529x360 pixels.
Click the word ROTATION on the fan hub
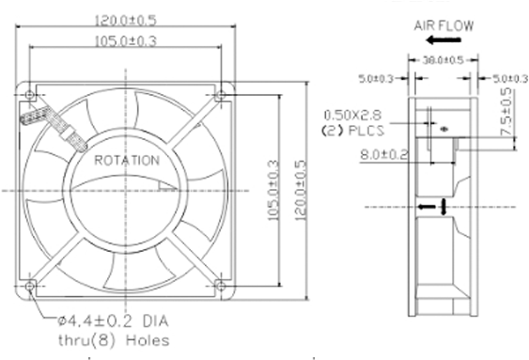point(127,161)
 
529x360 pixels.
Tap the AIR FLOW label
point(443,26)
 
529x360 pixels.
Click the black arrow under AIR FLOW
point(443,40)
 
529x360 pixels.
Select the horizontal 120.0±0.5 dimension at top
point(126,21)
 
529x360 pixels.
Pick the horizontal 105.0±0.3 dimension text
point(126,41)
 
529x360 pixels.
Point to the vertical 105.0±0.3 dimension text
point(273,190)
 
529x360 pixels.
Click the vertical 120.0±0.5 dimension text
point(301,190)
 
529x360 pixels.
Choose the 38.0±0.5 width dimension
point(443,60)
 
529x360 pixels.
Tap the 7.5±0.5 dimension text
point(506,112)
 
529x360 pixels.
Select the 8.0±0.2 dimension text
point(384,155)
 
